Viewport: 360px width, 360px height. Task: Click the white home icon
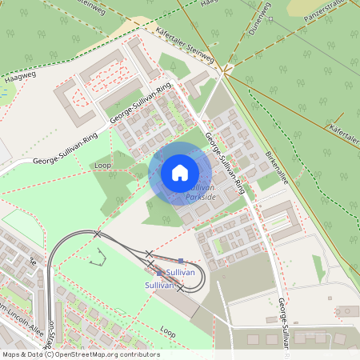click(x=180, y=173)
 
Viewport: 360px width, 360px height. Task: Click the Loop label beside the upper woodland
click(x=102, y=165)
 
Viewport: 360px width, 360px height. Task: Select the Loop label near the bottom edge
click(x=167, y=330)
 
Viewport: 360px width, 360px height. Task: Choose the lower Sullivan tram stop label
click(x=159, y=285)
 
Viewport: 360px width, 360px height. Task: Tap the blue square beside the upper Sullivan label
click(x=182, y=262)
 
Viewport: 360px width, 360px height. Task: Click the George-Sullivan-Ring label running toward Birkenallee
click(x=225, y=164)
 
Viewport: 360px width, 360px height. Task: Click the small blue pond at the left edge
click(x=2, y=94)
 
